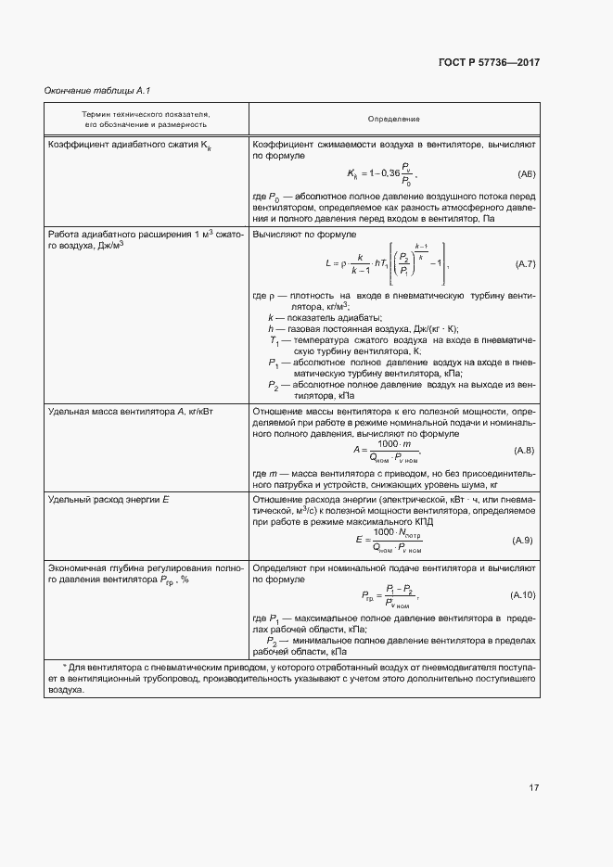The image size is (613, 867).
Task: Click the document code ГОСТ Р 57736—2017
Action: [488, 62]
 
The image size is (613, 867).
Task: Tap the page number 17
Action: [534, 787]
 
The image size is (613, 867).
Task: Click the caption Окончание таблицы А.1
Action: [97, 90]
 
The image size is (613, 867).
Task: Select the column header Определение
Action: [393, 119]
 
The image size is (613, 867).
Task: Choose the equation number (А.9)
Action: [522, 540]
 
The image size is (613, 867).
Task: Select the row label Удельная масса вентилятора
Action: [118, 410]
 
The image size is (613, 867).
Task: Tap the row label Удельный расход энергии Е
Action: [108, 500]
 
